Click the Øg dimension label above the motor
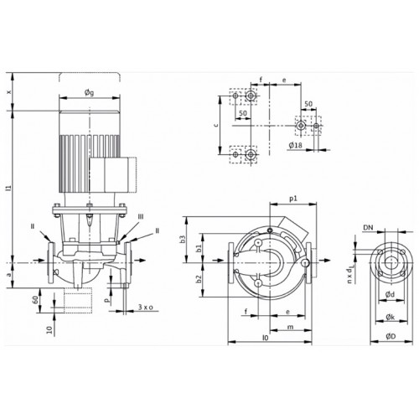point(90,92)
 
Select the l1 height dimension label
point(8,188)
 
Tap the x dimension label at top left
point(9,91)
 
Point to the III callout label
point(141,217)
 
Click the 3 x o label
point(146,308)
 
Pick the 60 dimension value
point(35,300)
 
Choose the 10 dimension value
point(49,330)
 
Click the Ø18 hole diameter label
point(295,145)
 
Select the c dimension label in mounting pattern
point(215,125)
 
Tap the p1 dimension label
point(293,199)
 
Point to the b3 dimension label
point(182,240)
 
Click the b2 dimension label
point(199,278)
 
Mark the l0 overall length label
point(266,338)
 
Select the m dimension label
point(291,327)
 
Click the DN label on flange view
point(368,228)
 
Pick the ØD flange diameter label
point(391,336)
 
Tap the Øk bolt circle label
point(390,317)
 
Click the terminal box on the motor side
point(113,174)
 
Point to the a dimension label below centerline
point(9,275)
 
